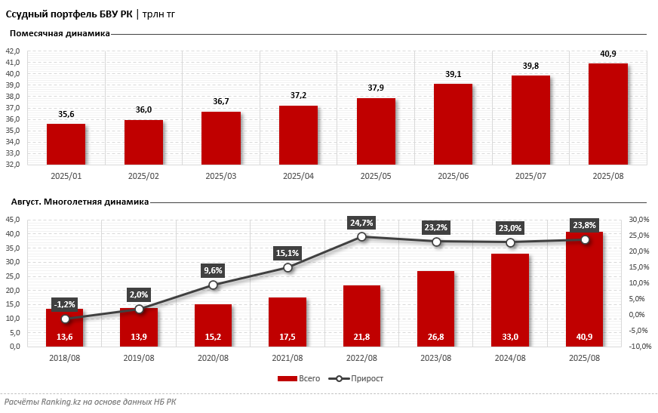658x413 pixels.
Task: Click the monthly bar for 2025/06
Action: point(453,125)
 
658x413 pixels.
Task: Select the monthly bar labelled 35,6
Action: point(66,144)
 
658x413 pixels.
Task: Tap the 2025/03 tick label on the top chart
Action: point(220,176)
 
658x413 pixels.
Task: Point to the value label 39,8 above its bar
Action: point(530,66)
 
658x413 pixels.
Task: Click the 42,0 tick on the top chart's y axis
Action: point(13,51)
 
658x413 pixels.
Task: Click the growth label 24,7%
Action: point(361,223)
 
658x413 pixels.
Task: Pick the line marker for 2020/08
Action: point(214,285)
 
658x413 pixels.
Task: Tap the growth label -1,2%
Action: point(65,304)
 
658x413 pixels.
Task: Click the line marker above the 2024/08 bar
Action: point(511,242)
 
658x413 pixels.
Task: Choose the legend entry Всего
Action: point(300,378)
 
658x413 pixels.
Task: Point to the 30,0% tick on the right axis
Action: point(638,220)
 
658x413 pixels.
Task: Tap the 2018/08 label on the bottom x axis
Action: point(65,358)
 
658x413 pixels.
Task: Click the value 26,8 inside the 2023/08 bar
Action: point(435,337)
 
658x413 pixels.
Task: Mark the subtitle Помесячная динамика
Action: point(60,33)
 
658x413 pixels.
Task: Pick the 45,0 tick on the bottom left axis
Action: point(13,220)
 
